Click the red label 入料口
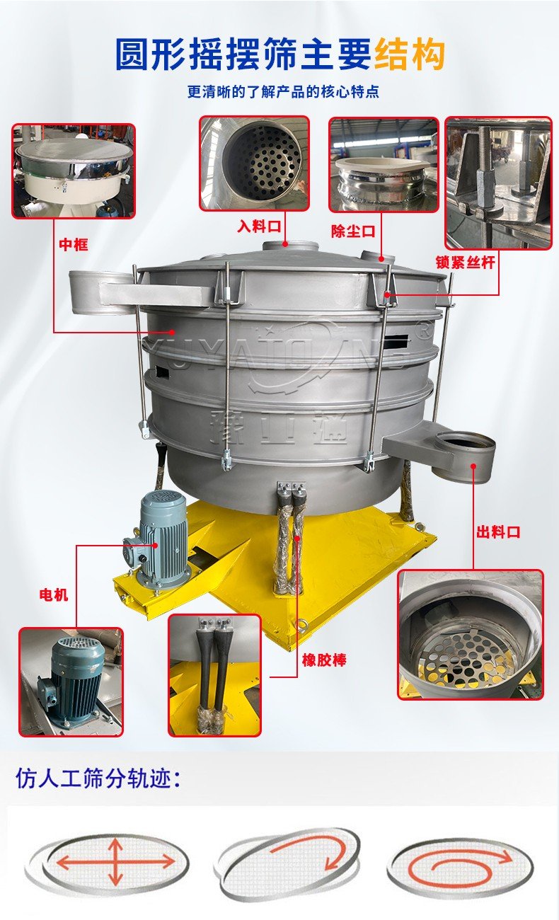pos(260,226)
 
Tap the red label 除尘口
pos(353,231)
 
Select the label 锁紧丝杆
pos(465,262)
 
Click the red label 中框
pos(74,244)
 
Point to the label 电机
pos(53,594)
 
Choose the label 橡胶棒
pos(324,660)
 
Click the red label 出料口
pos(498,532)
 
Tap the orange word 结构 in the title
pos(410,54)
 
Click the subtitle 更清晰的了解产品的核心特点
pos(283,91)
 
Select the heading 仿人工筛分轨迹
pos(98,778)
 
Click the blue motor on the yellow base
pos(158,538)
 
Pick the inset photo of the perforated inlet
pos(254,163)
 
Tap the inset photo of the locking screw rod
pos(498,183)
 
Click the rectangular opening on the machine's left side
pos(162,372)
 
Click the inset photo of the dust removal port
pos(384,165)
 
